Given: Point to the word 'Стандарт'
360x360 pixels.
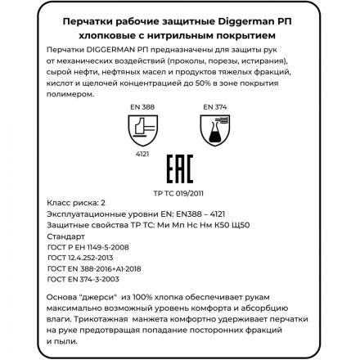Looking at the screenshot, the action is (62, 236).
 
